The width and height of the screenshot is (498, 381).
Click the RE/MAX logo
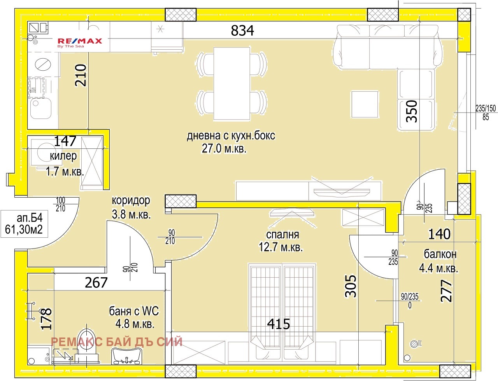[x=80, y=42]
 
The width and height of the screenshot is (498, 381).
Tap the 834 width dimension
[x=242, y=30]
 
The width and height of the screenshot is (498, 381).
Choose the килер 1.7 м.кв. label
[x=64, y=164]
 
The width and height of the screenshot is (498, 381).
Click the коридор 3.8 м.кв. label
[x=131, y=207]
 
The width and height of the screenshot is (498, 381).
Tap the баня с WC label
[x=134, y=317]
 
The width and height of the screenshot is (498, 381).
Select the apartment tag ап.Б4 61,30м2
[x=24, y=223]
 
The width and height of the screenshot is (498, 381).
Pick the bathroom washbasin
[x=126, y=355]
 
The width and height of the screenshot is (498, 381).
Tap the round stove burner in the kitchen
[x=43, y=63]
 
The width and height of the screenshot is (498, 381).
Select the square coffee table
[x=365, y=104]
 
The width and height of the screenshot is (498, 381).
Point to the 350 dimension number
[x=412, y=111]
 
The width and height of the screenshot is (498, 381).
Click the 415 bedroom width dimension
[x=279, y=324]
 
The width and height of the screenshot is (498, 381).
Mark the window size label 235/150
[x=486, y=108]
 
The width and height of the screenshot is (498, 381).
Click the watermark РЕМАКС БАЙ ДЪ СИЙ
[x=117, y=341]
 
